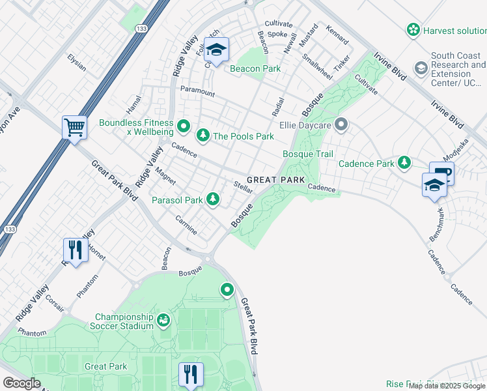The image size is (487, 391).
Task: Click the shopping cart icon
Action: (74, 127)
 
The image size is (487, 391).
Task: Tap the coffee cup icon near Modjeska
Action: (441, 173)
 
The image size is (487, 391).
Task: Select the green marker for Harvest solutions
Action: (413, 29)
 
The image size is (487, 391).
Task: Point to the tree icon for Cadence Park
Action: (405, 162)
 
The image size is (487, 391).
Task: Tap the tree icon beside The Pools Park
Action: (203, 135)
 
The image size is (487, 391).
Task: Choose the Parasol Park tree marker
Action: (213, 199)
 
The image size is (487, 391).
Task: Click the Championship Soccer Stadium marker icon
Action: (163, 319)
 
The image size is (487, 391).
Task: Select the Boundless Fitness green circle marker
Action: (184, 125)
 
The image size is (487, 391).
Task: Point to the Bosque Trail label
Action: (307, 154)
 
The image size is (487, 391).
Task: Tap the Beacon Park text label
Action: (254, 68)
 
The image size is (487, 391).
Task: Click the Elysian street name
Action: (77, 62)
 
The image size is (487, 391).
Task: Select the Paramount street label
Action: (197, 93)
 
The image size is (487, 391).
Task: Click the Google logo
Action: (21, 383)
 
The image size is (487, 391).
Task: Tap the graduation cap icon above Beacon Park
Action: (216, 49)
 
